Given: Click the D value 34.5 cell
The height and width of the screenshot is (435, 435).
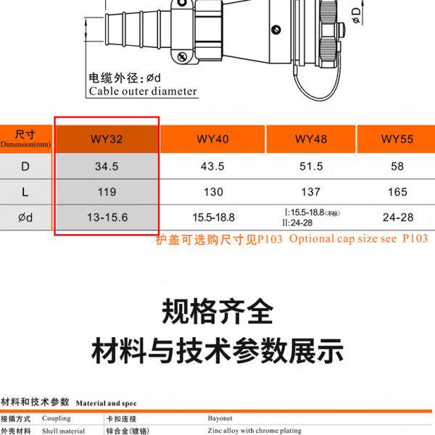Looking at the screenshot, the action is click(x=107, y=166).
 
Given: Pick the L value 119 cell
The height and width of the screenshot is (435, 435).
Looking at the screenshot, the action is click(x=107, y=192).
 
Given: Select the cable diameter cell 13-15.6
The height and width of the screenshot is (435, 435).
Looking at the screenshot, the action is click(x=107, y=217).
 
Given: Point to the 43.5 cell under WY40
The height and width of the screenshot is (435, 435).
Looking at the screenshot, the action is click(x=212, y=166).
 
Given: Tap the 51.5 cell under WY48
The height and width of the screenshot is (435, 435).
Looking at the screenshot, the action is click(x=311, y=166).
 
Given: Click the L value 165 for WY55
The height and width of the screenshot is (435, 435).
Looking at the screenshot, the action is click(x=397, y=192).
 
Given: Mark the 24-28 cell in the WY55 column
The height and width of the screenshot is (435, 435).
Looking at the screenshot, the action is click(x=397, y=217).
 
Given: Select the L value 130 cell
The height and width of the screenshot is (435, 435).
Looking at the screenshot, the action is click(x=212, y=192).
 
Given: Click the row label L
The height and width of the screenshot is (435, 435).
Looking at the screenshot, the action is click(x=25, y=192).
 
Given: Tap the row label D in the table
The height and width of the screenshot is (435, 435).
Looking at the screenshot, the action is click(x=25, y=166).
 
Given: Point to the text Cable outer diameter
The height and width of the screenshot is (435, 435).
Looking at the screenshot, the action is click(x=143, y=91).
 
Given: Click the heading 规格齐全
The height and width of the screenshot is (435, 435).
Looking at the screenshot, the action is click(x=217, y=312).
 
